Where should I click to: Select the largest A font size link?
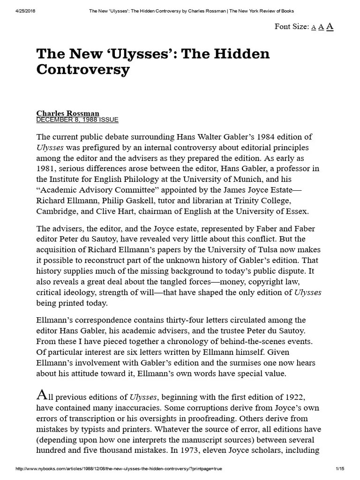point(330,26)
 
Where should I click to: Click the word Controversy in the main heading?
point(83,70)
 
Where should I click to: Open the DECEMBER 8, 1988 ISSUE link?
point(77,120)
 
